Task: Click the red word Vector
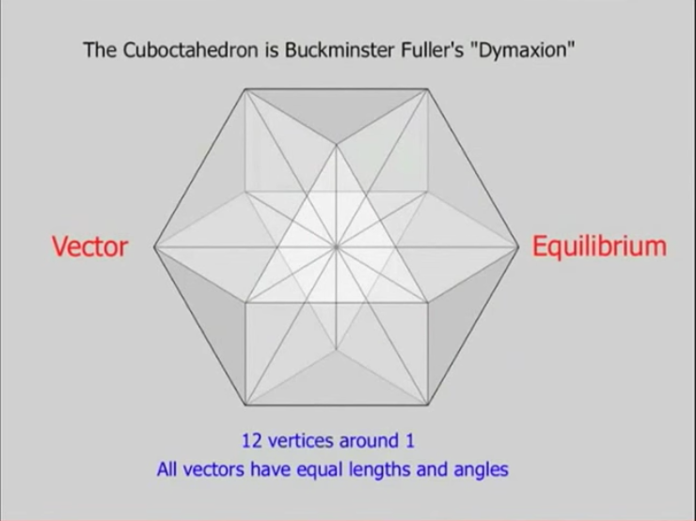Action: click(x=90, y=246)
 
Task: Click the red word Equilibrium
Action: click(x=599, y=246)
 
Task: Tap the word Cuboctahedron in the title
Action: click(x=190, y=50)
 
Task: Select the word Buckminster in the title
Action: click(x=340, y=50)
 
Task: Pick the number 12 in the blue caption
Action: click(x=252, y=441)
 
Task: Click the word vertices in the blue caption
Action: click(x=301, y=441)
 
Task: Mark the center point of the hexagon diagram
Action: click(x=336, y=246)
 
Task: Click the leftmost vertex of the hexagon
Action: click(x=154, y=247)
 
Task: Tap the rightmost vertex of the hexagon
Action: click(x=518, y=247)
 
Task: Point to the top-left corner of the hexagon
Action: click(x=245, y=89)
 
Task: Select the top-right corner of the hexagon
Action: click(x=428, y=89)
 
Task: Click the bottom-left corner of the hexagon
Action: click(x=245, y=404)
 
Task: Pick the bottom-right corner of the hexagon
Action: click(x=428, y=404)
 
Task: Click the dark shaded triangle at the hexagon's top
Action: click(x=337, y=109)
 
